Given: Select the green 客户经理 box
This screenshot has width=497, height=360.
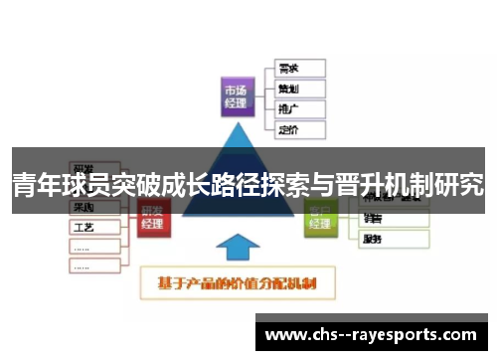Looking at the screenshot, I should [319, 216].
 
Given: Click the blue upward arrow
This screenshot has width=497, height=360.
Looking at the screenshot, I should [237, 250].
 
